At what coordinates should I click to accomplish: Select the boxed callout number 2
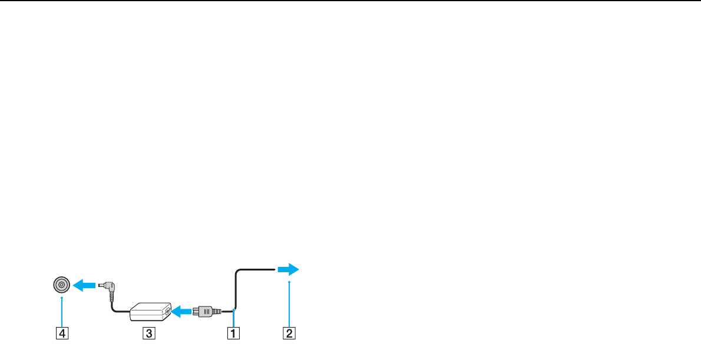tap(290, 333)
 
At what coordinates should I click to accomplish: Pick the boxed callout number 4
tap(61, 333)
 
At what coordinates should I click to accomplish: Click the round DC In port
tap(61, 285)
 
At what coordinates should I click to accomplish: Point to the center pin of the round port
tap(61, 285)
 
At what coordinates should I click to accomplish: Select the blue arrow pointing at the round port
tap(84, 285)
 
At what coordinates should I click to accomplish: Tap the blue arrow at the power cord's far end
tap(288, 269)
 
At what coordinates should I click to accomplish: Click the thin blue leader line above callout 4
tap(61, 311)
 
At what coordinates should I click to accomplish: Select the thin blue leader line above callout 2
tap(290, 304)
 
